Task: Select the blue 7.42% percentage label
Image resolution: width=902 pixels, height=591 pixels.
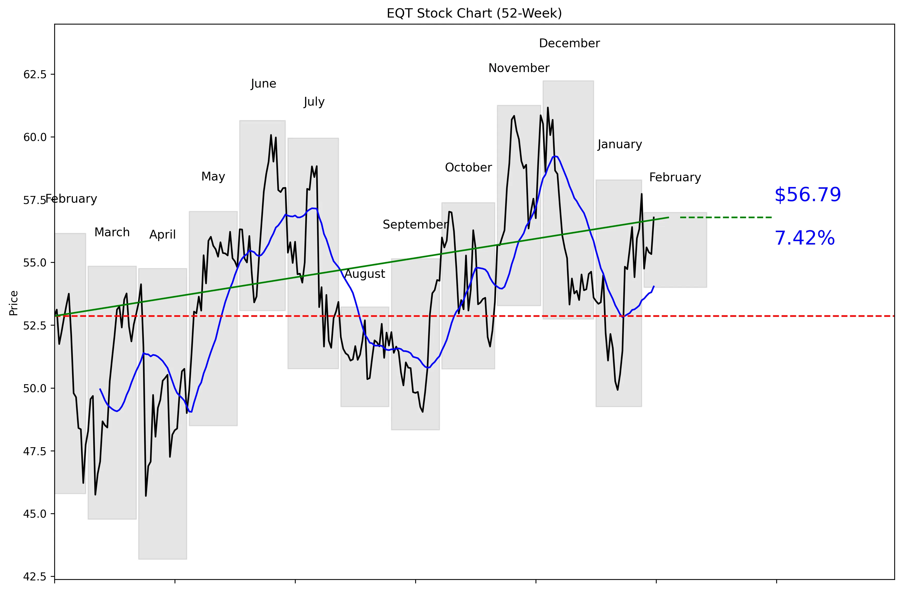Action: click(804, 238)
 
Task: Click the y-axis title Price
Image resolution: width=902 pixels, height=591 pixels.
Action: click(14, 303)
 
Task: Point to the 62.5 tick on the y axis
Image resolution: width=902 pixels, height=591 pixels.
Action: click(35, 75)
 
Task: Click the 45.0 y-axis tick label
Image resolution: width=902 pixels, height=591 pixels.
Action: click(35, 514)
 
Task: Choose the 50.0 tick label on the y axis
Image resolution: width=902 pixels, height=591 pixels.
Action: click(35, 389)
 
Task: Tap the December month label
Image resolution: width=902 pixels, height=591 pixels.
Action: click(569, 44)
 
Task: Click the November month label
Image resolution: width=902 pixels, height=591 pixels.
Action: click(519, 68)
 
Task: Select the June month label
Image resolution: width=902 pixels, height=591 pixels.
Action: click(263, 84)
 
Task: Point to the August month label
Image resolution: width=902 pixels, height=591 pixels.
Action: click(365, 274)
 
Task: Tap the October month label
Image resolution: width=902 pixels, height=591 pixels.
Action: click(468, 168)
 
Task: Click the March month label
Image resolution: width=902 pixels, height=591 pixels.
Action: click(112, 232)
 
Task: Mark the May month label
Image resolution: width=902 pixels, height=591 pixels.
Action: click(213, 177)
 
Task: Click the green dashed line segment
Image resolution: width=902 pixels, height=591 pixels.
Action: click(726, 217)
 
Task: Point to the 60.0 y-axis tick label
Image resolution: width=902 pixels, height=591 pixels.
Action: click(35, 137)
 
